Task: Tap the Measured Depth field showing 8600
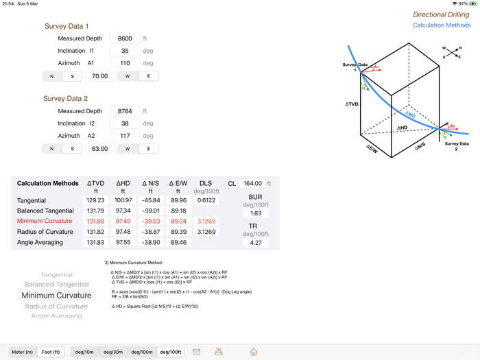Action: click(x=125, y=38)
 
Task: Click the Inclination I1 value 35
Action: click(x=125, y=51)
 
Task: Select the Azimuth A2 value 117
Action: click(x=125, y=136)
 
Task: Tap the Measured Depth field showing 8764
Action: click(x=125, y=111)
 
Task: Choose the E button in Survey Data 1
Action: click(x=148, y=76)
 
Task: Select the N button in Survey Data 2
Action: click(x=51, y=149)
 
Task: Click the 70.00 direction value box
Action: click(x=100, y=76)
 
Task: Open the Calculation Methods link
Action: click(x=442, y=25)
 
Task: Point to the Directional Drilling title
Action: click(x=441, y=14)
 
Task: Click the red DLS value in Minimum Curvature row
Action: click(x=206, y=221)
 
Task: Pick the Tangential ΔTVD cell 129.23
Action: click(x=96, y=201)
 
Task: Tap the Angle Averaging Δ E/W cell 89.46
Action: click(x=178, y=243)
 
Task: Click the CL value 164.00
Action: click(x=252, y=184)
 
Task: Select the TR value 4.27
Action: click(x=256, y=243)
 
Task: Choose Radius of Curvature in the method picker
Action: click(x=56, y=306)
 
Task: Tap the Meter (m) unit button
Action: click(x=23, y=352)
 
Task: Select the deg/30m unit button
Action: click(x=113, y=352)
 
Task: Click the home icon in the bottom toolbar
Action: click(x=254, y=352)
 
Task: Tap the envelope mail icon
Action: click(x=196, y=352)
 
